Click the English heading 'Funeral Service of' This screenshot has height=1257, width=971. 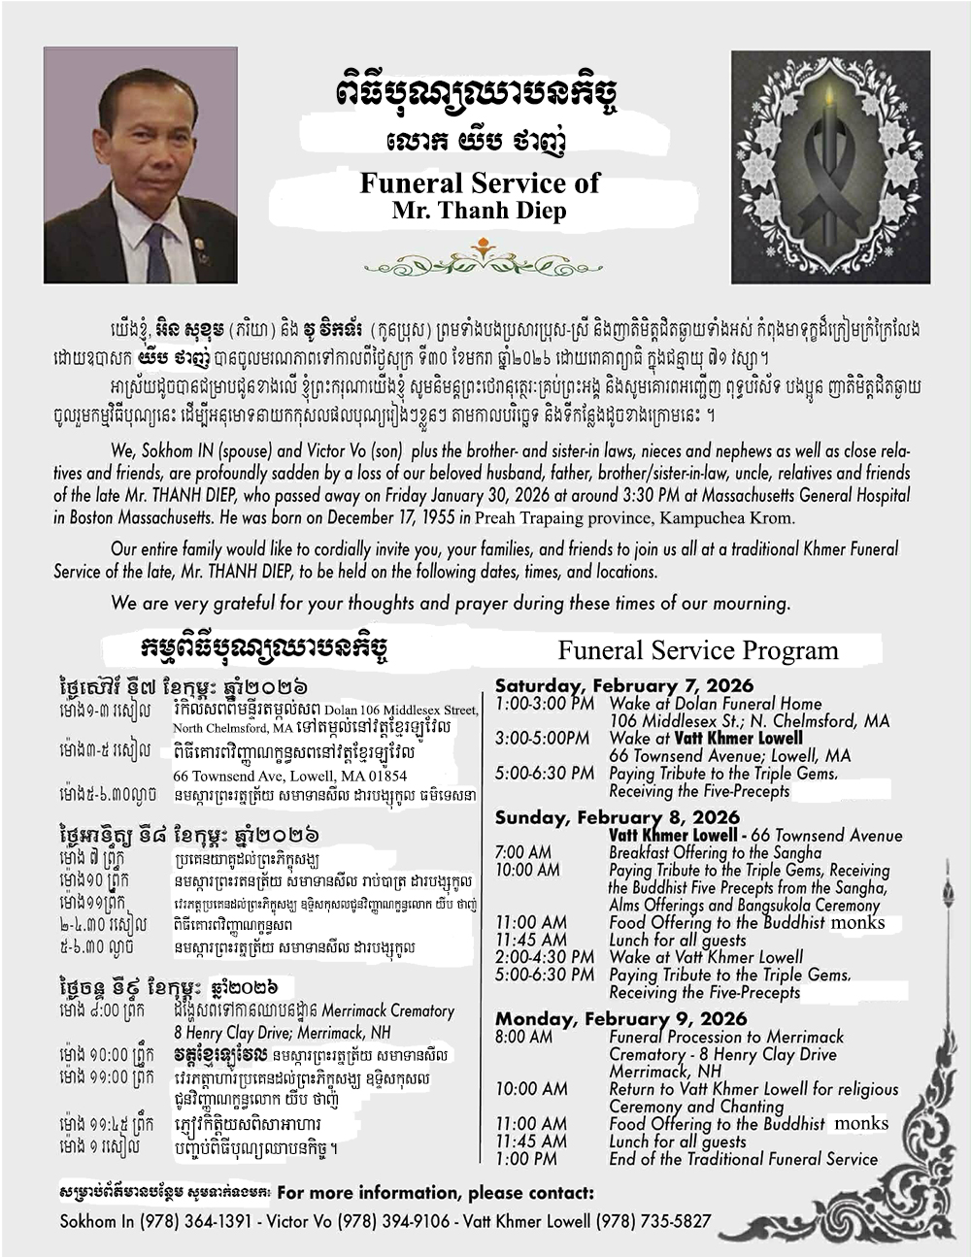[x=480, y=182]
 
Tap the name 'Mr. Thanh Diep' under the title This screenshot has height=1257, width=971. [x=480, y=211]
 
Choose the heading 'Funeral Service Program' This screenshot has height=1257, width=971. [x=697, y=649]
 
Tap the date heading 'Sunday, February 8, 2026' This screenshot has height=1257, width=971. [x=617, y=817]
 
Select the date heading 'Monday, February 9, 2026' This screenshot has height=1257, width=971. [x=621, y=1018]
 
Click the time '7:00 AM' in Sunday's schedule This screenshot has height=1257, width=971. [x=522, y=852]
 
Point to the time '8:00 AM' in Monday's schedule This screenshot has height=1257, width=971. [x=524, y=1037]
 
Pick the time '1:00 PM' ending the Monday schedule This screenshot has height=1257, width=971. [x=525, y=1159]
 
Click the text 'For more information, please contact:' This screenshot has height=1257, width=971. [x=435, y=1192]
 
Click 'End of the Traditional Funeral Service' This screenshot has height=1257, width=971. [x=743, y=1159]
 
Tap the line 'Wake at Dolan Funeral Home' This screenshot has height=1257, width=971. [x=715, y=704]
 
